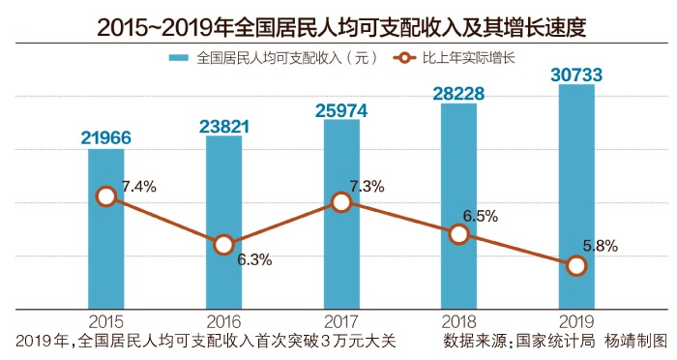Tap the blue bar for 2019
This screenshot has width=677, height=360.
575,194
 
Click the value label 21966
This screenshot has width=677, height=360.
105,137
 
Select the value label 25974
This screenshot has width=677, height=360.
341,109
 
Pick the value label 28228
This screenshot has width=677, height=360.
458,92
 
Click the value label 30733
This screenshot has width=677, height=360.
576,74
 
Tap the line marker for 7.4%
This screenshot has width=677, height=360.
106,196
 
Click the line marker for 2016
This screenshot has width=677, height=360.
223,245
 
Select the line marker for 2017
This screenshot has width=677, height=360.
341,201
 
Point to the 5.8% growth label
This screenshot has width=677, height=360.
600,246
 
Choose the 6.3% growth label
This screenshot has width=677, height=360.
254,258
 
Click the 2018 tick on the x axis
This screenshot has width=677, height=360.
458,320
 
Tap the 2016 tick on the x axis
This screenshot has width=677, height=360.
223,320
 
